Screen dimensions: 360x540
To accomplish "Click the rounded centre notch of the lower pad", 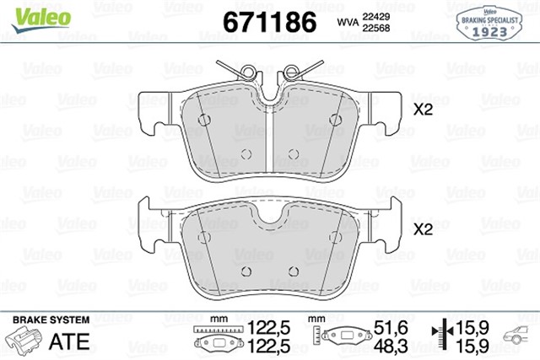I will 269,221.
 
